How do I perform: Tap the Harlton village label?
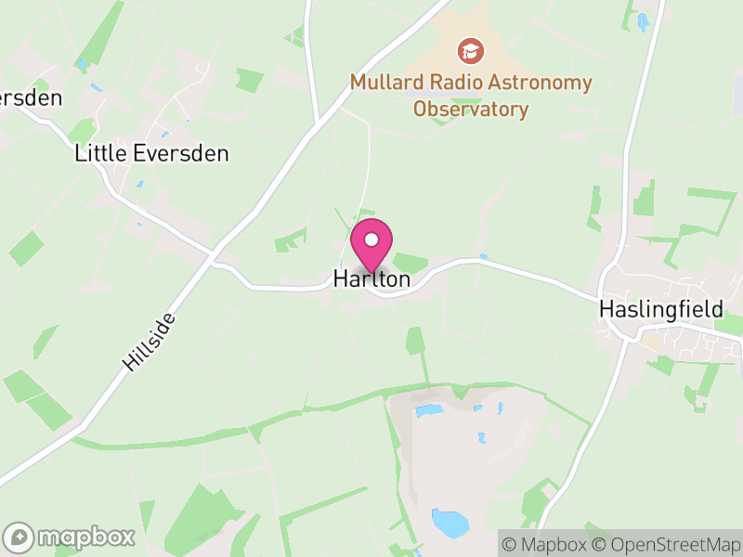tap(371, 278)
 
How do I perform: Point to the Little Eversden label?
tap(151, 154)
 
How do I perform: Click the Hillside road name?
tap(148, 343)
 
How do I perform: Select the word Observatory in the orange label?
tap(471, 110)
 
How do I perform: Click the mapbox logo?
tap(72, 537)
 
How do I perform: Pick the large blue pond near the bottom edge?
tap(450, 522)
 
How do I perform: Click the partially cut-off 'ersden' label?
tap(31, 97)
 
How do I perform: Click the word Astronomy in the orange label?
tap(541, 84)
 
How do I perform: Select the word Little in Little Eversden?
tap(98, 154)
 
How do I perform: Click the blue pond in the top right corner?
tap(643, 20)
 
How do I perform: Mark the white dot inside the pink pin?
tap(371, 240)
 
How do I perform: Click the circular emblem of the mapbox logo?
tap(20, 537)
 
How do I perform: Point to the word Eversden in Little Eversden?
tap(176, 154)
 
